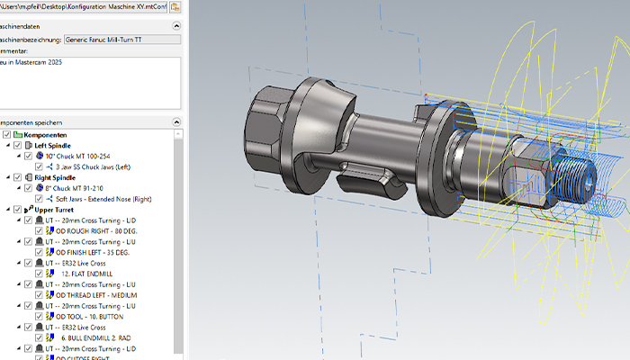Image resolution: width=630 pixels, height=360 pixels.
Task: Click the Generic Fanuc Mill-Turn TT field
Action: (x=121, y=40)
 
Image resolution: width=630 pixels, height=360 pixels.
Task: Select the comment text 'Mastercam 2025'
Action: (x=40, y=64)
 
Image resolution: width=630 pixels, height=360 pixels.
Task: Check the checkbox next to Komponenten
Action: (x=8, y=134)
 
